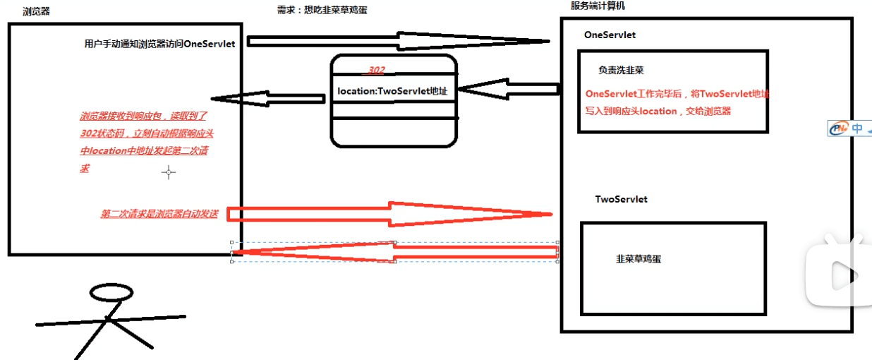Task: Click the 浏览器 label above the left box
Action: (36, 11)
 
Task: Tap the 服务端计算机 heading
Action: (598, 6)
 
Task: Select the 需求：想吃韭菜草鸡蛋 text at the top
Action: (322, 10)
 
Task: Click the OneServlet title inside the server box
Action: (610, 35)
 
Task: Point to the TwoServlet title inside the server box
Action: (621, 199)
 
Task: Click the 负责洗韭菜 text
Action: (621, 70)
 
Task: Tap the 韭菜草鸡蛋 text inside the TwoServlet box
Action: (638, 259)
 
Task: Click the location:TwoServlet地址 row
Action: (392, 91)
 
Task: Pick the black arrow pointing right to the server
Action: (399, 40)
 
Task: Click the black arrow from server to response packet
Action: (508, 90)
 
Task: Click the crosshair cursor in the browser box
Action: (168, 172)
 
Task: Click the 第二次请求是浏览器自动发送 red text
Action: (159, 214)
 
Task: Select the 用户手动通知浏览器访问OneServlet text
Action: (159, 44)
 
